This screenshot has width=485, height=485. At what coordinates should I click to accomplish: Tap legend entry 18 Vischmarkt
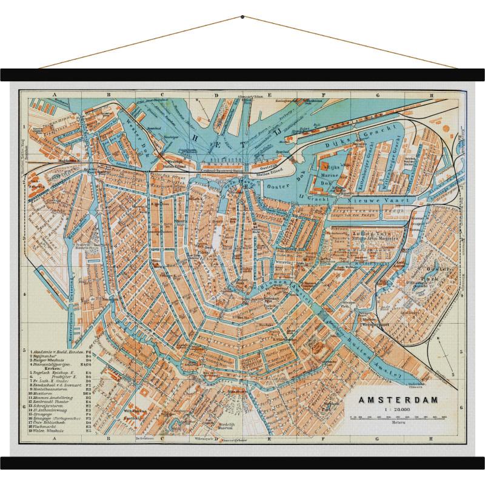(x=48, y=427)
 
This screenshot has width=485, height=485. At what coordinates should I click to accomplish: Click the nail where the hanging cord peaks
(x=242, y=16)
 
